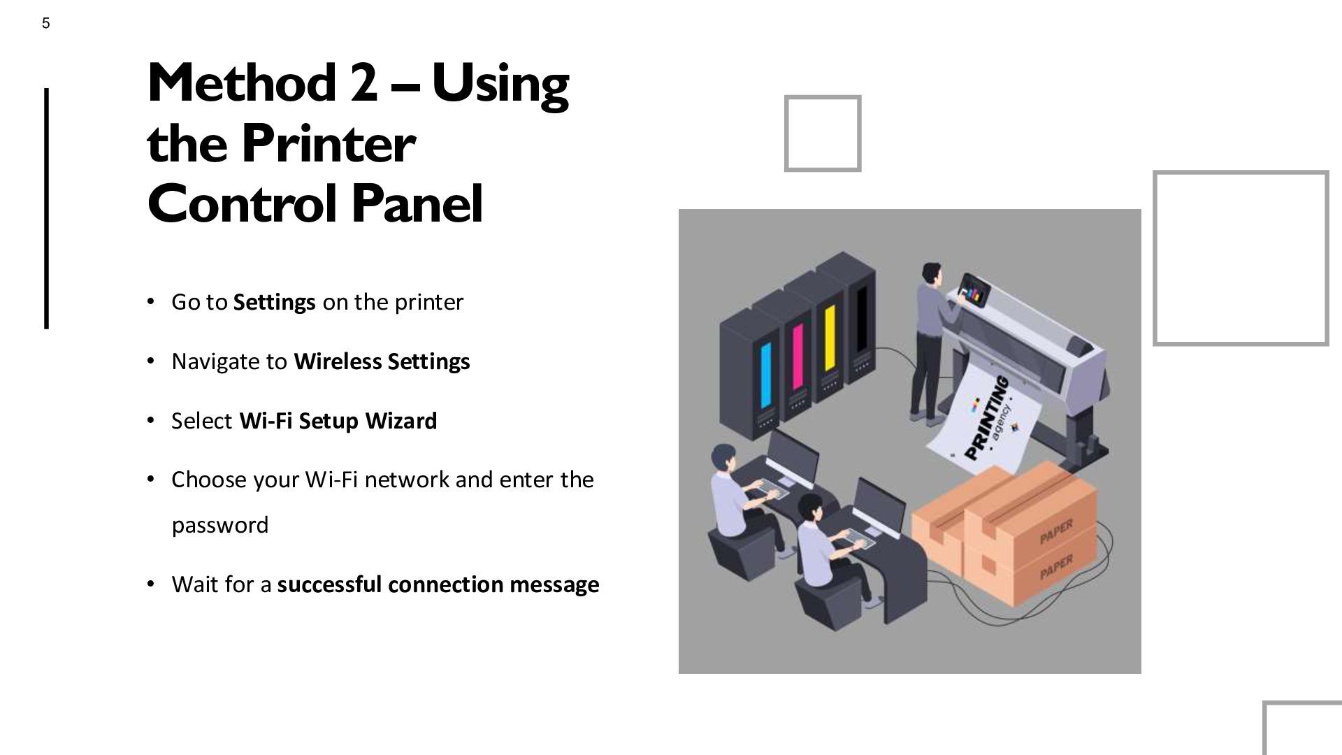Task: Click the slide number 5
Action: [46, 24]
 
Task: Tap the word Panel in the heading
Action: [417, 203]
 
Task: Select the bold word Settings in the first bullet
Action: [274, 302]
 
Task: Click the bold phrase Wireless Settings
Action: [382, 361]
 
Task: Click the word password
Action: [220, 526]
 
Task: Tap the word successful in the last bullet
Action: [330, 584]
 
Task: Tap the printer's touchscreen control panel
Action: [974, 289]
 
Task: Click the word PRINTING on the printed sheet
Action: [987, 418]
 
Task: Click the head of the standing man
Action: [932, 272]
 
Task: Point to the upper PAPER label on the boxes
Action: [1056, 532]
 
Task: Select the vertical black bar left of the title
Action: [47, 208]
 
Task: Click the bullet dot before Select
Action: [150, 421]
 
